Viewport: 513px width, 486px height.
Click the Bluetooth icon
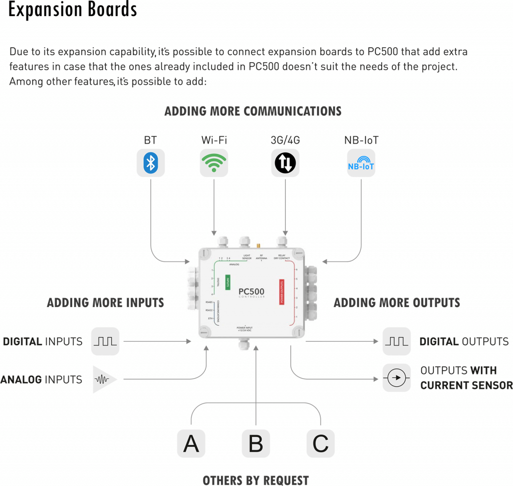[150, 163]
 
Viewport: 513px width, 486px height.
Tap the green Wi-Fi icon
[214, 163]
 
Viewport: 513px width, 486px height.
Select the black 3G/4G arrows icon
[285, 163]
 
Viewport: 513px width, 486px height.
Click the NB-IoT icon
[361, 163]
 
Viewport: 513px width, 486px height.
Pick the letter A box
[191, 443]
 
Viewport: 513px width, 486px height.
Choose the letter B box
[256, 443]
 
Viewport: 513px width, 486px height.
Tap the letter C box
[320, 443]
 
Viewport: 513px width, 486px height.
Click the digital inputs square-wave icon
[105, 342]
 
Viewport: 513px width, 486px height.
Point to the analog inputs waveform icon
[103, 380]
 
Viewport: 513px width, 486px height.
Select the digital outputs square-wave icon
[396, 342]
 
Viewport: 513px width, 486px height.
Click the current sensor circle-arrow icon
[396, 378]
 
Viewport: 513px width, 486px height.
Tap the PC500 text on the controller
[251, 292]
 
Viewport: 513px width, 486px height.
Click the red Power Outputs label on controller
[282, 292]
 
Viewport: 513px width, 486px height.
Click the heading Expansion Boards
[73, 10]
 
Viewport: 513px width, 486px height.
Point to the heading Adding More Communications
[253, 111]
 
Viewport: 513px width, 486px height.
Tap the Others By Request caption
[255, 480]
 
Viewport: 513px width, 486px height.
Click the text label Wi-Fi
[214, 140]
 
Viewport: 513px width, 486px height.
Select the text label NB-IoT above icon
[361, 140]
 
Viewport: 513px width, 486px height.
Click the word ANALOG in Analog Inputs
[21, 380]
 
